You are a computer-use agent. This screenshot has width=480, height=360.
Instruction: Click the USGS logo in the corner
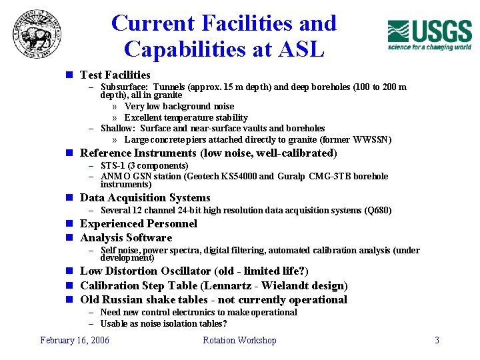point(429,35)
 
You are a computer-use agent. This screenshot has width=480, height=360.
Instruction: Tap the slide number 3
point(437,340)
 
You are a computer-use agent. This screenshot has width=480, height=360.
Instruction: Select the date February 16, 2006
point(75,340)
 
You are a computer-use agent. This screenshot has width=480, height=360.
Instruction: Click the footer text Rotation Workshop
point(239,340)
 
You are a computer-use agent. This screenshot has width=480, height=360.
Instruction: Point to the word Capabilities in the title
point(179,49)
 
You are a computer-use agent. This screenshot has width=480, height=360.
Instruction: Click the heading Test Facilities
point(115,75)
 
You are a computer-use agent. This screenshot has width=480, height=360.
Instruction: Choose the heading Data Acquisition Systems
point(145,198)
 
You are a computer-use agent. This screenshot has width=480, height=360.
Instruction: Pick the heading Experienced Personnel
point(139,224)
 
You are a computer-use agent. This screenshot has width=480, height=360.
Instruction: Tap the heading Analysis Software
point(126,238)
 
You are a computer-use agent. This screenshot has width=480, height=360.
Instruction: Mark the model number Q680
point(377,211)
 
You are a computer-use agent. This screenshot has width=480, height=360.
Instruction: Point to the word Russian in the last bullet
point(127,300)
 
